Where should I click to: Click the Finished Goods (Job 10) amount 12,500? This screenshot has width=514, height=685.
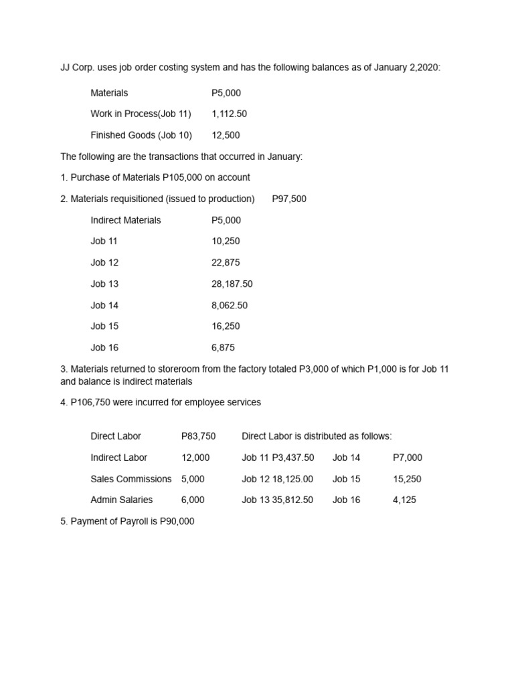click(x=226, y=135)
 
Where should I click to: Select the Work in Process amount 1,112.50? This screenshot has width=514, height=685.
click(x=229, y=114)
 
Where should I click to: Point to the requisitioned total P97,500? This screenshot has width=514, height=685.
click(x=289, y=199)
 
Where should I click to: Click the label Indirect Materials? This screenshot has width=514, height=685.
click(x=126, y=220)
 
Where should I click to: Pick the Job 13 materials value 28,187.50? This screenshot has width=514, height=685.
click(x=232, y=284)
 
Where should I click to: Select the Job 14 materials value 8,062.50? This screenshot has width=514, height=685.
click(x=229, y=305)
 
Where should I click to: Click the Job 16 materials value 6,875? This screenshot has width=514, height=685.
click(x=223, y=348)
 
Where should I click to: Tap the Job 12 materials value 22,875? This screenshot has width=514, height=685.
click(x=226, y=262)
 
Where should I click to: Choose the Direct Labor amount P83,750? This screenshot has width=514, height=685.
click(x=199, y=436)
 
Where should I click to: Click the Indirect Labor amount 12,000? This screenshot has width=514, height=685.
click(x=195, y=458)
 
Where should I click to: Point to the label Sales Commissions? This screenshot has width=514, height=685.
click(x=131, y=479)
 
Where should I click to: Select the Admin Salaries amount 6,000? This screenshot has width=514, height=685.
click(x=193, y=500)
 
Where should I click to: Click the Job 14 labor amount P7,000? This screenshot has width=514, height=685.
click(x=408, y=458)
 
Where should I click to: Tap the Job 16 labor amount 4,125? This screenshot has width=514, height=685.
click(x=404, y=500)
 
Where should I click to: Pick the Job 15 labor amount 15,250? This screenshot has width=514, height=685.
click(x=407, y=479)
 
